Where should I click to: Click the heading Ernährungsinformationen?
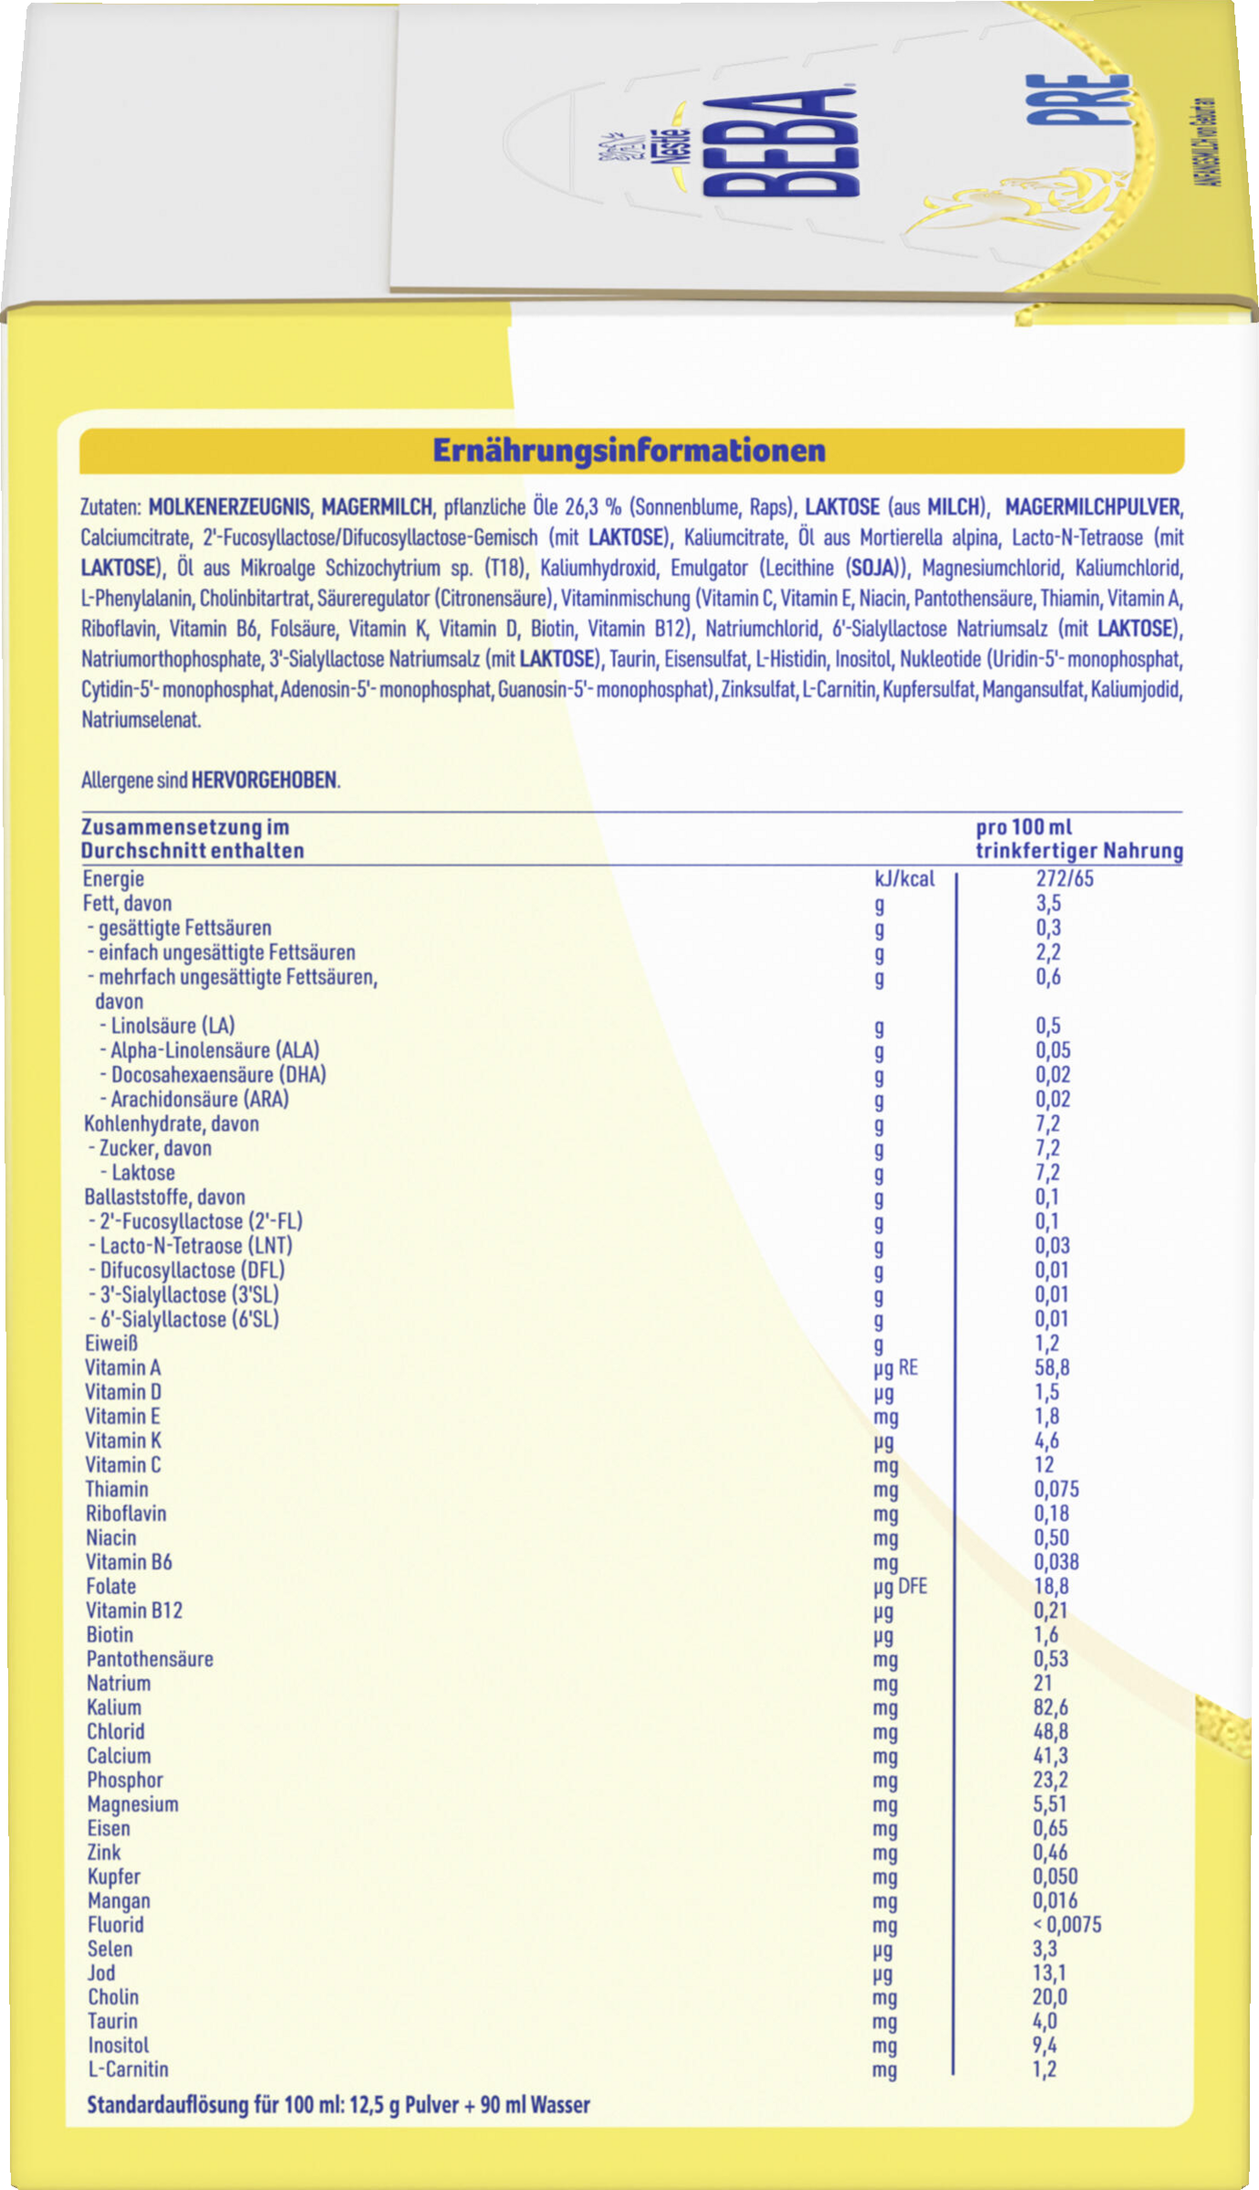(x=629, y=451)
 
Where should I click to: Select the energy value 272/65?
(x=1064, y=879)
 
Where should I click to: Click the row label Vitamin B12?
(x=134, y=1610)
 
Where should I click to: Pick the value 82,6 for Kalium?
(x=1050, y=1706)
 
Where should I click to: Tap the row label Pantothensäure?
(x=150, y=1658)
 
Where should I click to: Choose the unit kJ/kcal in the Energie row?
(x=904, y=879)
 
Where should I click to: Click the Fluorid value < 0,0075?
(x=1067, y=1924)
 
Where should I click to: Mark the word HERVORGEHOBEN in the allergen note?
(x=264, y=780)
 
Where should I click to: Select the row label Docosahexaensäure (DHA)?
(x=218, y=1074)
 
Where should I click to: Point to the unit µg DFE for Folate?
(x=900, y=1586)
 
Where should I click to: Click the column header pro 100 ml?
(x=1024, y=827)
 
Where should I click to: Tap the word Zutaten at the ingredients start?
(x=110, y=506)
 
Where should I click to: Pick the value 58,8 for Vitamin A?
(x=1052, y=1367)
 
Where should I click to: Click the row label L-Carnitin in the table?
(x=128, y=2069)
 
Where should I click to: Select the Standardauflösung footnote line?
(x=338, y=2105)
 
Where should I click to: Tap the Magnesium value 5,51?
(x=1049, y=1803)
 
